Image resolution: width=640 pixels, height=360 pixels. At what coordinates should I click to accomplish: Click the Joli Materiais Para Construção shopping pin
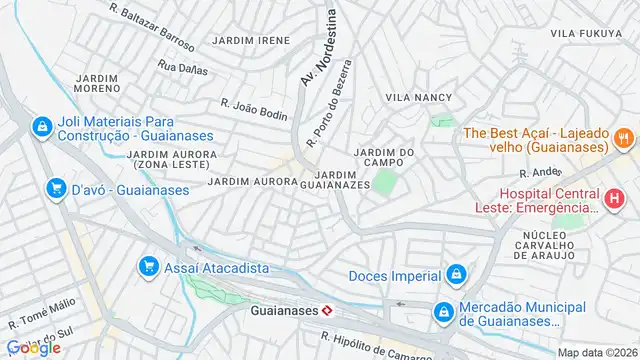(41, 127)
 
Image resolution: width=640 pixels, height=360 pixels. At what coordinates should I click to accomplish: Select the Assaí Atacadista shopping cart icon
(149, 265)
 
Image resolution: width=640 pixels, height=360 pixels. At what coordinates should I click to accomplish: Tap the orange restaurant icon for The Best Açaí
(622, 138)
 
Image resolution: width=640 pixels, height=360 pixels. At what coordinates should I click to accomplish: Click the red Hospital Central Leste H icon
(613, 199)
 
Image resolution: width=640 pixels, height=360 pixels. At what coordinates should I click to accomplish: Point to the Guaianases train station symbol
(326, 311)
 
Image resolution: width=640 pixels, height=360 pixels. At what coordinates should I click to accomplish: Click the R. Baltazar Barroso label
(152, 25)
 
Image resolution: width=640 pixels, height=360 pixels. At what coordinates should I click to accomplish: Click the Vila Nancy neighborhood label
(419, 98)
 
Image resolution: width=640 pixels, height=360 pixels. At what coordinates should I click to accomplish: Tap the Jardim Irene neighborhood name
(250, 41)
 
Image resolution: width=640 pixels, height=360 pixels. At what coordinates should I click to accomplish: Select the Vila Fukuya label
(586, 34)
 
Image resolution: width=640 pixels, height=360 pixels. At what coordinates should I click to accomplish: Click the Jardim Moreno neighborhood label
(97, 83)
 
